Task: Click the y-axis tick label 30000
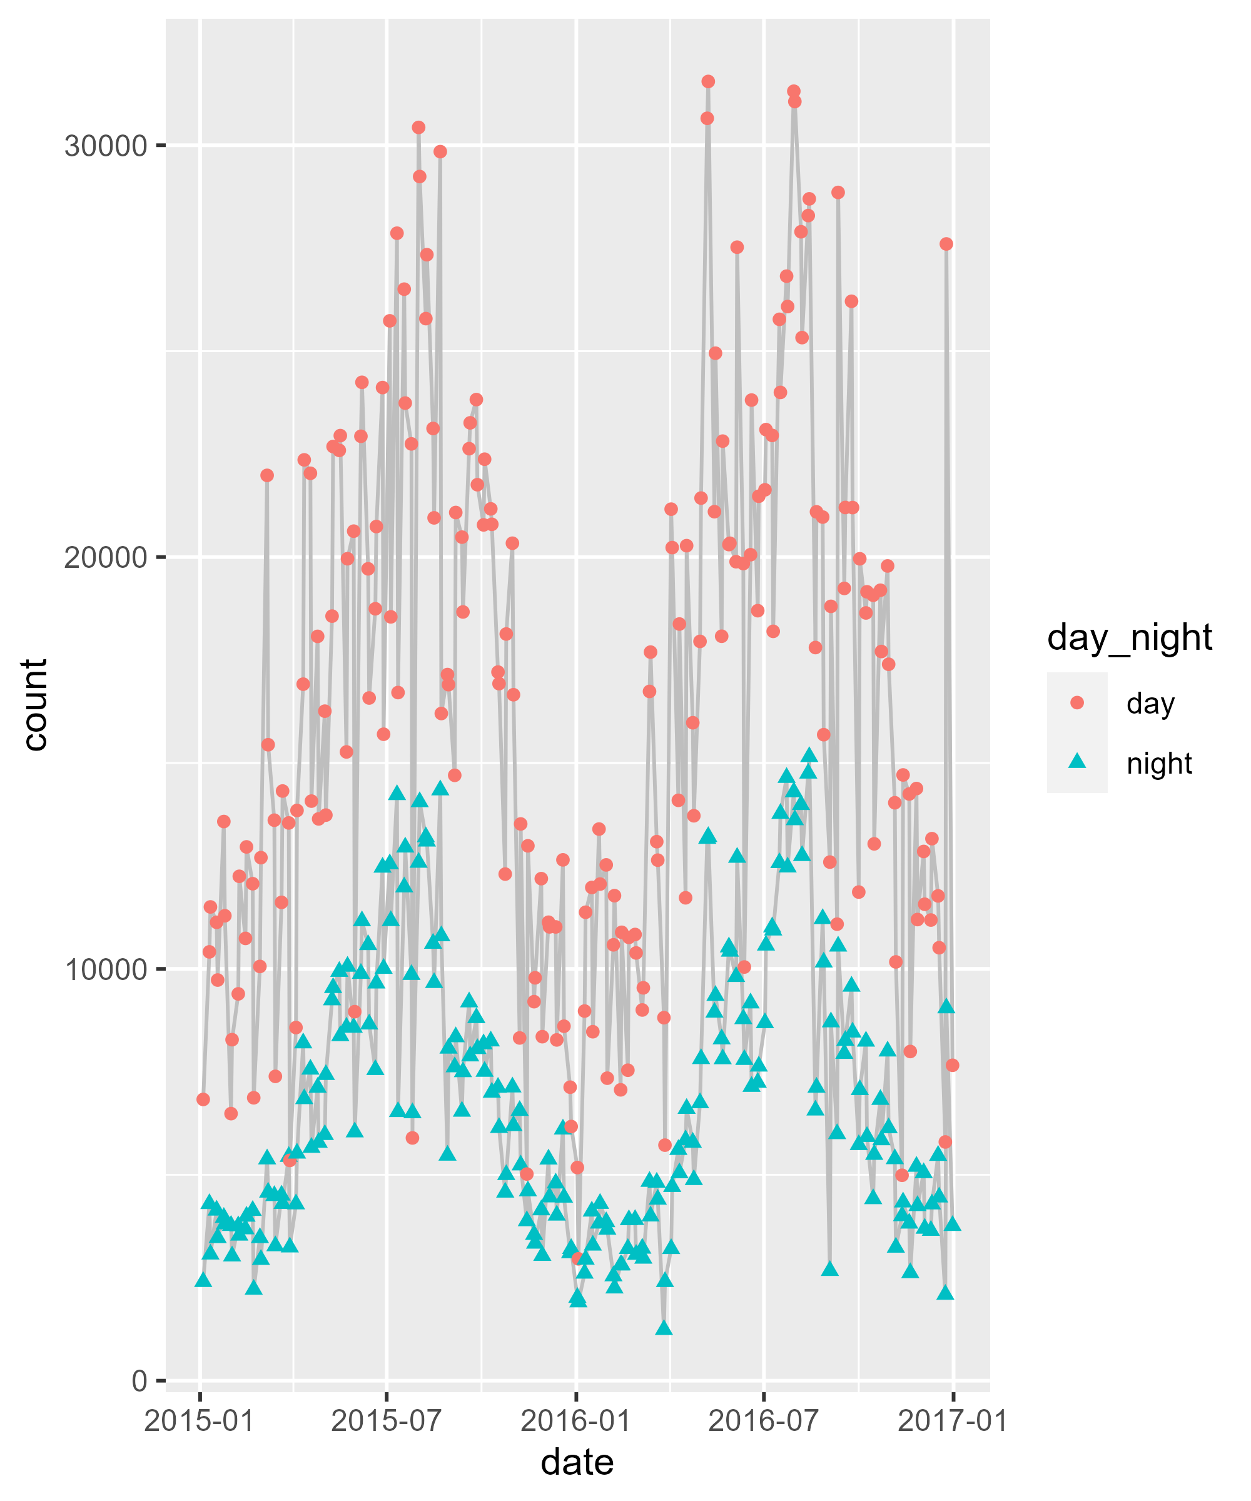(x=105, y=146)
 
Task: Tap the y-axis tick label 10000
(x=105, y=969)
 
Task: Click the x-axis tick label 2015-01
(x=200, y=1421)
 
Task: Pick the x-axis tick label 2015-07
(x=387, y=1421)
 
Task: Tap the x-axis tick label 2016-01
(x=575, y=1421)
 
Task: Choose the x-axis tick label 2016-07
(x=764, y=1421)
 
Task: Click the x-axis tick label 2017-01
(x=952, y=1421)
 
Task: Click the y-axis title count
(x=34, y=705)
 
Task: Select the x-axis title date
(x=577, y=1462)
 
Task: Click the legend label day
(x=1150, y=704)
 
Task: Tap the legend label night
(x=1159, y=764)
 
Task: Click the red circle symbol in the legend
(x=1076, y=704)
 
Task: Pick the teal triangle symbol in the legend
(x=1076, y=762)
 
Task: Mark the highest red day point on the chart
(x=707, y=81)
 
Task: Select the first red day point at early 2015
(x=203, y=1099)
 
